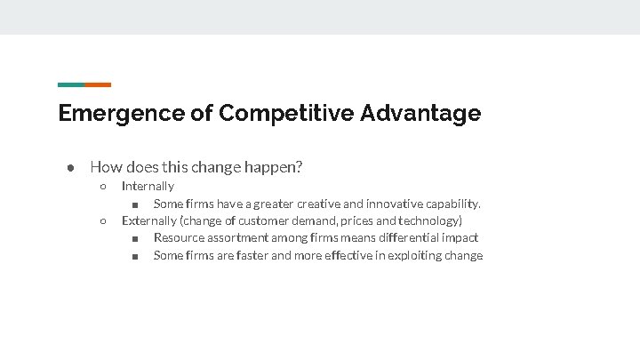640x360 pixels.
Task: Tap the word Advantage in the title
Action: [420, 114]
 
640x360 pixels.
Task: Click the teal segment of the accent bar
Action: [71, 84]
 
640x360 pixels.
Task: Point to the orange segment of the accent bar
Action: [98, 84]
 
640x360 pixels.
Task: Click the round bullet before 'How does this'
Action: [68, 167]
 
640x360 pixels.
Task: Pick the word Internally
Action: [148, 186]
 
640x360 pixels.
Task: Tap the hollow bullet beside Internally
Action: [103, 187]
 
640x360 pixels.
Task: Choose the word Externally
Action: [149, 220]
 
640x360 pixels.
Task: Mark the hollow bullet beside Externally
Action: [103, 221]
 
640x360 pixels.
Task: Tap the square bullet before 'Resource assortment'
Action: [133, 238]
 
